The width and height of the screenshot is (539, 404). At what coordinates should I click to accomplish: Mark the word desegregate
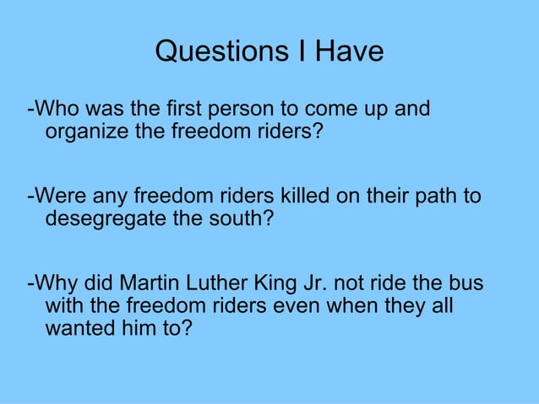[x=101, y=220]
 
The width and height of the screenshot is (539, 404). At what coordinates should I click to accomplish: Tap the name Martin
[x=147, y=283]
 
